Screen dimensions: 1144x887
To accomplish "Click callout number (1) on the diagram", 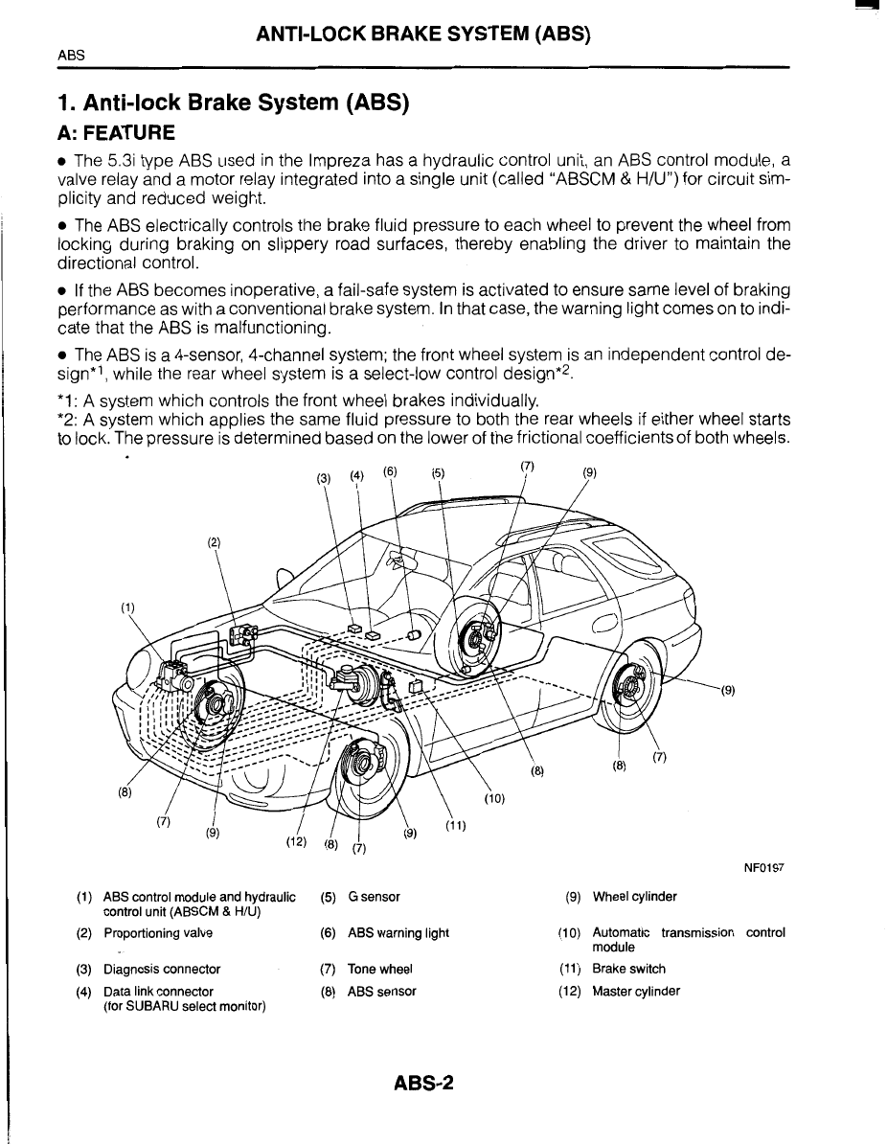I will pos(127,606).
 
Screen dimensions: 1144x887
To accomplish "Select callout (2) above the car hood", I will pos(214,542).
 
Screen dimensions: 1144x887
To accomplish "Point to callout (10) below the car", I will pos(493,797).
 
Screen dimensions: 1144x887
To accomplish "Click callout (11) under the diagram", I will pos(455,827).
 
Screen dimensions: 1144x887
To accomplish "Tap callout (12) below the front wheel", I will pos(295,842).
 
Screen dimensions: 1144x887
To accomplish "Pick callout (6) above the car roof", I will pos(390,471).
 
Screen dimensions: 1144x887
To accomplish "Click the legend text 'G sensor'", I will pos(375,897).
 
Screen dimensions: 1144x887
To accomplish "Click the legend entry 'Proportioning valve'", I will pos(158,932).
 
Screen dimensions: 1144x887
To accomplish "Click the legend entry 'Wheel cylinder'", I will pos(634,897).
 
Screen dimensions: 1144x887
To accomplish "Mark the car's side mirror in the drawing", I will pos(284,579).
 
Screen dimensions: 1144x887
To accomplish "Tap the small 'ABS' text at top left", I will pos(72,55).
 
